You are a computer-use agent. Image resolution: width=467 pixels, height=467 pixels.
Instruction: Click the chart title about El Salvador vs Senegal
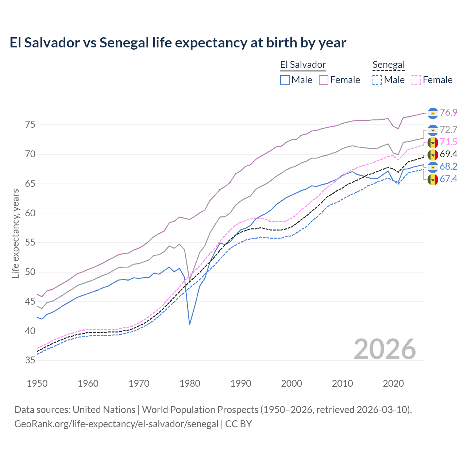(x=178, y=43)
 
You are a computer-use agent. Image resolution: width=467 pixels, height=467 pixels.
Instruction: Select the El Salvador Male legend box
(x=285, y=80)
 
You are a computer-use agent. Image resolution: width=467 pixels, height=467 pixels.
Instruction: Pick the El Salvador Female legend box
(x=324, y=80)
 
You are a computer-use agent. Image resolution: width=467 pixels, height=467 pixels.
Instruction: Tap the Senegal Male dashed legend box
(x=377, y=80)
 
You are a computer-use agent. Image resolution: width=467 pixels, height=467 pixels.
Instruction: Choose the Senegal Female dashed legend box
(x=416, y=80)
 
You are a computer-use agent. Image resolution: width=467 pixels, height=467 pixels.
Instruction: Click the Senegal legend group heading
(x=389, y=65)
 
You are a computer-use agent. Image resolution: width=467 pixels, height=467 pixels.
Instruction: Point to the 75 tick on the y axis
(x=30, y=125)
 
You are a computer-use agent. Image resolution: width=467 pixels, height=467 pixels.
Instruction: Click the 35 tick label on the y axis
(x=30, y=360)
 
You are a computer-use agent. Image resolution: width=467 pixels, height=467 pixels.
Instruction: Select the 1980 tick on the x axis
(x=190, y=383)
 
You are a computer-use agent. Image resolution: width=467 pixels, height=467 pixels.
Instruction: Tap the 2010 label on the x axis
(x=342, y=383)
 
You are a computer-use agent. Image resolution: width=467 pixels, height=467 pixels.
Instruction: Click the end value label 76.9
(x=448, y=112)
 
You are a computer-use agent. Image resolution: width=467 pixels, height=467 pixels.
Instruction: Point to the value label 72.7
(x=448, y=130)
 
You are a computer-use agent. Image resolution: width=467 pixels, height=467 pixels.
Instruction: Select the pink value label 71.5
(x=448, y=142)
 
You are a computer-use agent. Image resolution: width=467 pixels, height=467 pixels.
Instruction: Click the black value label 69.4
(x=448, y=154)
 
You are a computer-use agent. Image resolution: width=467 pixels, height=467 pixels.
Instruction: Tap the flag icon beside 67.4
(x=433, y=180)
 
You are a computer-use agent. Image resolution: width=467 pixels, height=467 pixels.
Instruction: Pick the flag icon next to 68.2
(x=433, y=167)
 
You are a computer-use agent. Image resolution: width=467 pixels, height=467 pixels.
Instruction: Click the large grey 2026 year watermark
(x=385, y=349)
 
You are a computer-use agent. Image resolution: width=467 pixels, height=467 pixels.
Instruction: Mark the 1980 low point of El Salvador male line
(x=190, y=324)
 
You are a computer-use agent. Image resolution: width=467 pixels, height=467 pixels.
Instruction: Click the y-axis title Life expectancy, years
(x=15, y=233)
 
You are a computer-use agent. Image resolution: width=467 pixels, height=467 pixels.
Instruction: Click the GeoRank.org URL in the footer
(x=116, y=424)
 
